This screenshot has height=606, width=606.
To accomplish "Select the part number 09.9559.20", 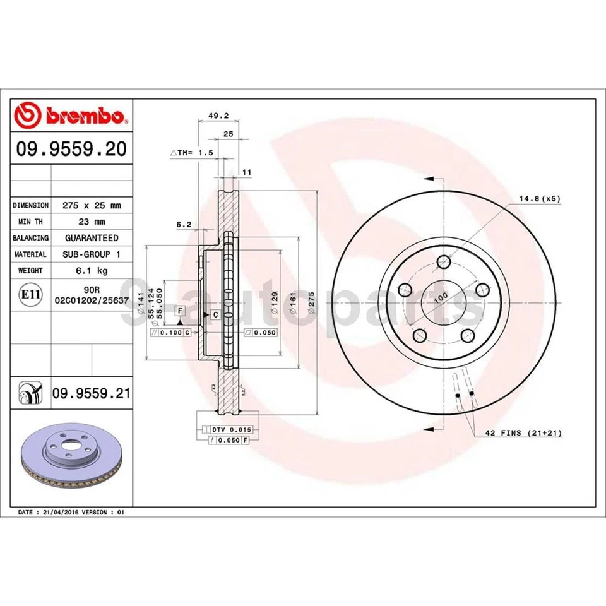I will (71, 149).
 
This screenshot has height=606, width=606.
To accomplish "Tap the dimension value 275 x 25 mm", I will (92, 205).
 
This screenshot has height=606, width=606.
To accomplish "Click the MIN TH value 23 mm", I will (92, 222).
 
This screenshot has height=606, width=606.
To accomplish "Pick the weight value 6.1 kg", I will (92, 270).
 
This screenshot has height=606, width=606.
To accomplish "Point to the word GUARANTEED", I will (92, 238).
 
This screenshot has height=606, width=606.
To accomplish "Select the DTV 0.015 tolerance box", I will (231, 429).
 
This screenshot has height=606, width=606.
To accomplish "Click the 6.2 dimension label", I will (184, 223).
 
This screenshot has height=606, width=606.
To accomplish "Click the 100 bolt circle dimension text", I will (440, 295).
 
